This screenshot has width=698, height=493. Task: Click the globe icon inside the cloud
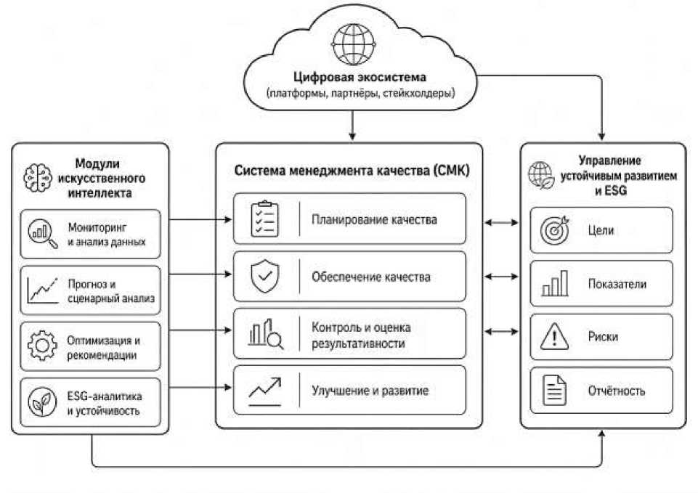tap(354, 44)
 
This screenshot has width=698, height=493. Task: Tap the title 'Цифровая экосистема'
tap(360, 77)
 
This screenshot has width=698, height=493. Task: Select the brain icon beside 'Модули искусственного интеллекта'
tap(37, 178)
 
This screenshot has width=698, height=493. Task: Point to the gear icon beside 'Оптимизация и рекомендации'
tap(42, 346)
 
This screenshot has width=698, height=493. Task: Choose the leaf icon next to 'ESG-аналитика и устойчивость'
tap(42, 402)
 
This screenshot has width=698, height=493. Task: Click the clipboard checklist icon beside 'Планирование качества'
tap(265, 219)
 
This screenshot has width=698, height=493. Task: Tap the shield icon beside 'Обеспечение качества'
tap(265, 276)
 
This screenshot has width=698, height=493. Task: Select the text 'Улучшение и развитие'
tap(370, 391)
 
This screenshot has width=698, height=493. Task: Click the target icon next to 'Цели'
tap(555, 229)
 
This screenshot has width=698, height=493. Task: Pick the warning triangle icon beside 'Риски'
tap(554, 336)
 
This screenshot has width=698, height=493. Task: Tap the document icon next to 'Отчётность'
tap(555, 390)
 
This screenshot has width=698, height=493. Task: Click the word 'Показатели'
tap(617, 284)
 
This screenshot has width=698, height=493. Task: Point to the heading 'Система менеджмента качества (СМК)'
tap(352, 171)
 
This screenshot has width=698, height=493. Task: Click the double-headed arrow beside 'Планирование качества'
tap(501, 222)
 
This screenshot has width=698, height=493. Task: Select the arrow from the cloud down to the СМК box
tap(352, 126)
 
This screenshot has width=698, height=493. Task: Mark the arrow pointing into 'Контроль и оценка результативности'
tap(200, 330)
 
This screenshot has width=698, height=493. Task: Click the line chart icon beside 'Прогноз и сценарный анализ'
tap(42, 290)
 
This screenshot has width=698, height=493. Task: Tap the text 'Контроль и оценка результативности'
tap(361, 335)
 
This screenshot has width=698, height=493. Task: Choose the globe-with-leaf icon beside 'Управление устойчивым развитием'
tap(541, 175)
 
